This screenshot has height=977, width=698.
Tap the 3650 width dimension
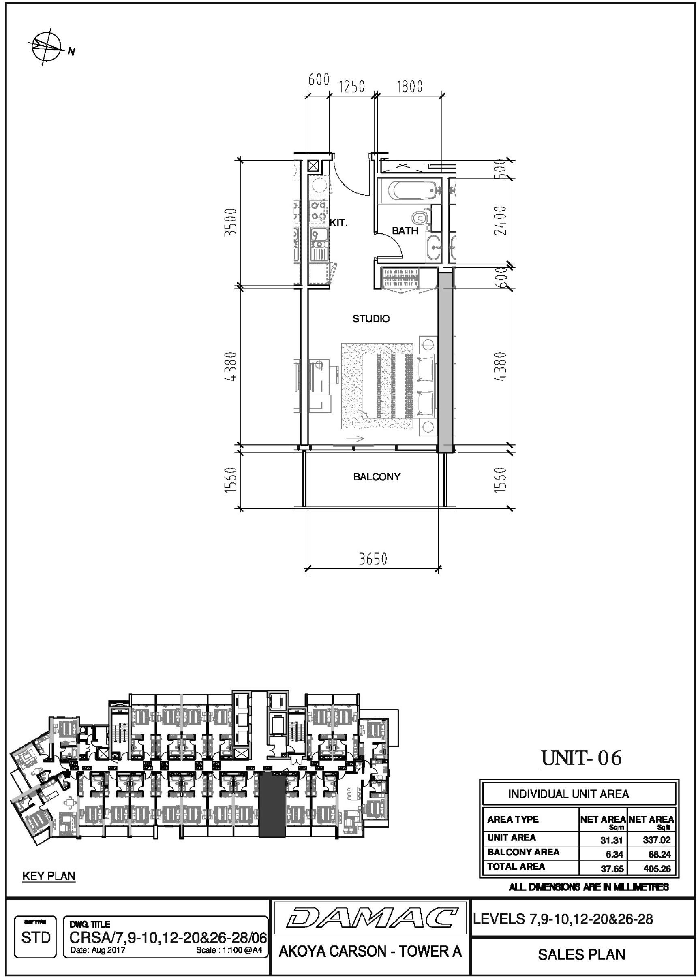[x=373, y=559]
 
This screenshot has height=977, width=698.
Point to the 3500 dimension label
[x=231, y=222]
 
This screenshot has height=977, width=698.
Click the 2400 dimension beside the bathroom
[x=500, y=220]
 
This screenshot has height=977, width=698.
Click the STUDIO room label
[x=371, y=319]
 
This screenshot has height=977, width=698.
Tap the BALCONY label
[x=377, y=477]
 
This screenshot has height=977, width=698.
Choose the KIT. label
[x=339, y=223]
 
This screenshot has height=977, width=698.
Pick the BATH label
[x=405, y=230]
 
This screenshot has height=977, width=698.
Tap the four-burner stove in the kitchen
[x=318, y=211]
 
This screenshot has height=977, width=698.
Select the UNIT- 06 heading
[x=582, y=758]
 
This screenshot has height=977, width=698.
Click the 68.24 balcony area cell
[x=660, y=855]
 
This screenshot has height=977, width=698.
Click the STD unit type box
[x=36, y=937]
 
